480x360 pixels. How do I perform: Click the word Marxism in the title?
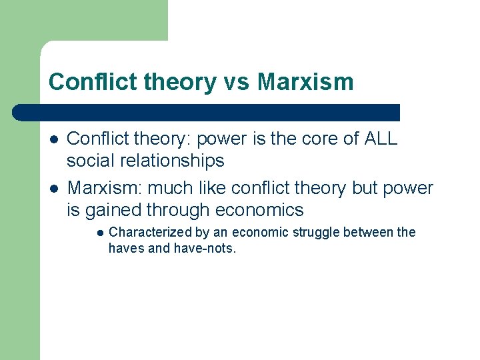(x=305, y=82)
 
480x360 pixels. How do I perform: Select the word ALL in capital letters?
(x=381, y=139)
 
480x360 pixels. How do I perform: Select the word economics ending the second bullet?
(x=259, y=210)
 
